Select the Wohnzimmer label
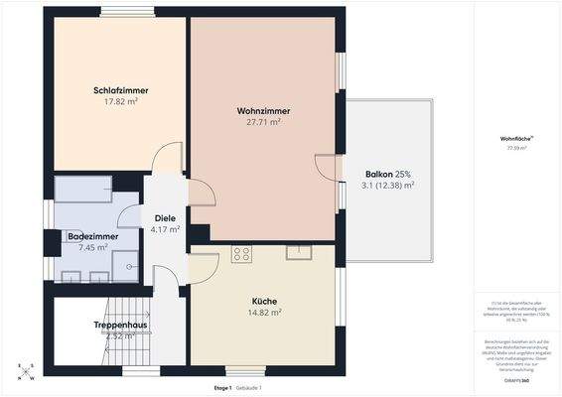click(x=263, y=110)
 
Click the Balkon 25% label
click(x=387, y=174)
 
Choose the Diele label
click(x=164, y=218)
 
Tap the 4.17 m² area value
click(x=165, y=229)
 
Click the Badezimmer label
click(x=92, y=236)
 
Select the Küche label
click(x=263, y=301)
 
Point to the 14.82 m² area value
click(x=264, y=312)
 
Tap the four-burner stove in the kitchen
click(x=241, y=254)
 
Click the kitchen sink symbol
click(x=299, y=251)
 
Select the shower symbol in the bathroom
click(x=125, y=262)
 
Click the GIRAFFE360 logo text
click(x=514, y=380)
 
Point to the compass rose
click(x=26, y=371)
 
